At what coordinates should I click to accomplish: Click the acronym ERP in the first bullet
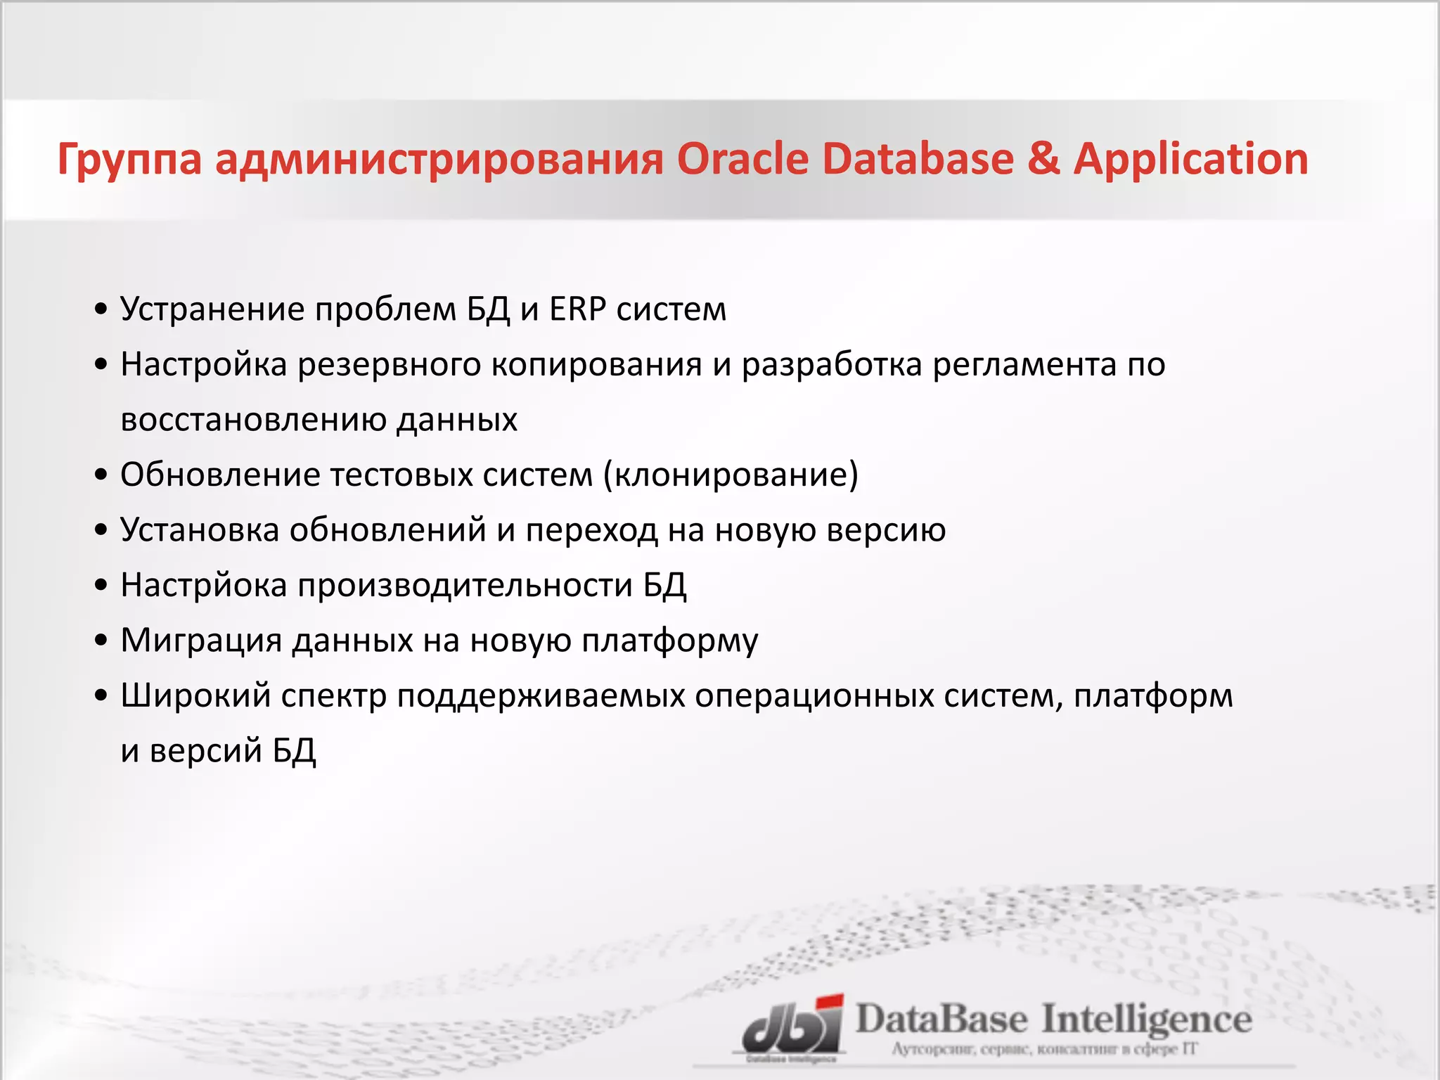[577, 309]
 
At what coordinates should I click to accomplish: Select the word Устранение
[212, 309]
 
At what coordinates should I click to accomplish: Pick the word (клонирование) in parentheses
[731, 475]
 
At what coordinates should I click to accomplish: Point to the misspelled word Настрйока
[204, 585]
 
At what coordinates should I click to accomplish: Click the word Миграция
[201, 640]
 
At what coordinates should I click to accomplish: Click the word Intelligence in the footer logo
[1146, 1020]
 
